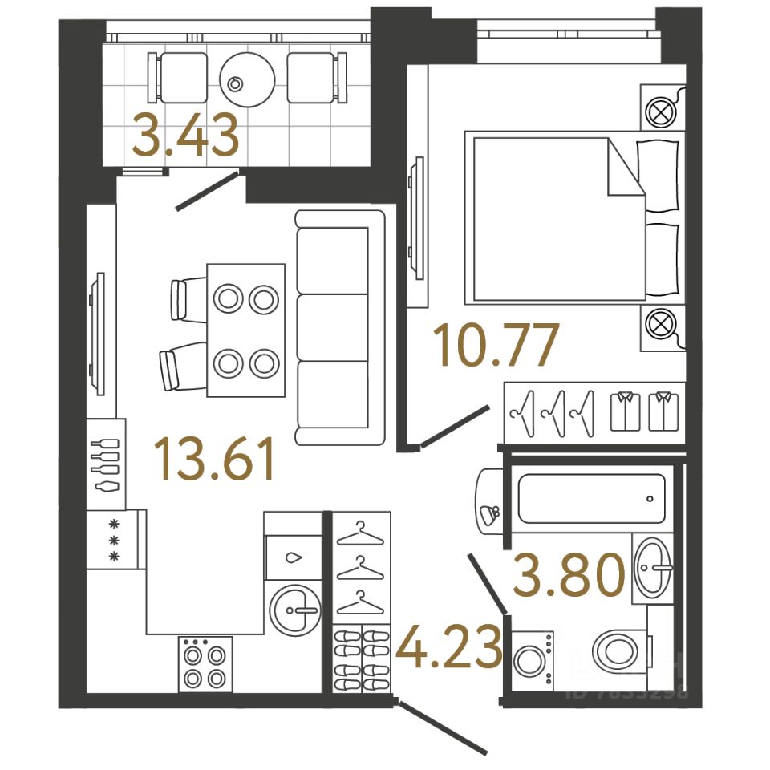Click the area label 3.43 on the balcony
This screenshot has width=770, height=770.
[x=186, y=136]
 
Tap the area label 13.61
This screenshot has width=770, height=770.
[x=217, y=460]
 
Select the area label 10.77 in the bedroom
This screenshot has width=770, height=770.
[x=495, y=346]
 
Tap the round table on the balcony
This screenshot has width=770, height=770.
[x=247, y=79]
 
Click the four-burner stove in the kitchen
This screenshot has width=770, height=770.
[x=205, y=664]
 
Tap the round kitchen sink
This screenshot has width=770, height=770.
[x=294, y=609]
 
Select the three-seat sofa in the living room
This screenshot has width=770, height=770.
[x=340, y=326]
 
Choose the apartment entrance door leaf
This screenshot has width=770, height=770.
[x=443, y=727]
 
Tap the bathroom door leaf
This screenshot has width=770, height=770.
[x=486, y=582]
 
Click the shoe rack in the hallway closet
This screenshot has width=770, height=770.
[x=360, y=658]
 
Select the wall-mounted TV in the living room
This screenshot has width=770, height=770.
[x=99, y=333]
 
